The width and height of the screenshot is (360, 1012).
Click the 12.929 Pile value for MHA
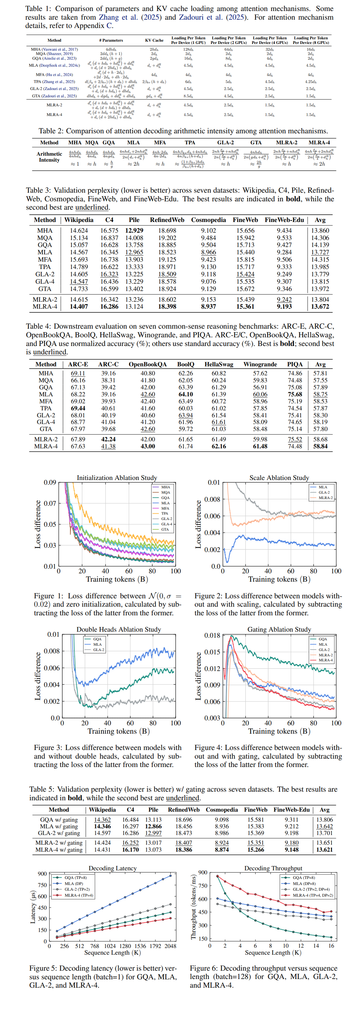click(134, 231)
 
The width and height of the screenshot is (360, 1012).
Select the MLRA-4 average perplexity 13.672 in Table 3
click(320, 306)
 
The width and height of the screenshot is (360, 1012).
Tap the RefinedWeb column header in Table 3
click(167, 220)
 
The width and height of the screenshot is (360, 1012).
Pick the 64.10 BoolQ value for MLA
click(186, 394)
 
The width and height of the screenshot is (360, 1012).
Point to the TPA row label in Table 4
click(46, 409)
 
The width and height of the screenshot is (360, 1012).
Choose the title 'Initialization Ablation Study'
click(117, 478)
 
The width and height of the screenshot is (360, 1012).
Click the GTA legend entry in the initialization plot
click(165, 530)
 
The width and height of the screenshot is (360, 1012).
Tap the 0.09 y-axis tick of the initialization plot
click(50, 482)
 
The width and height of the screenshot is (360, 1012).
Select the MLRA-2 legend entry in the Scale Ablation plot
click(325, 498)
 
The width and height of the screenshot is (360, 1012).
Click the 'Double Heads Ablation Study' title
click(119, 629)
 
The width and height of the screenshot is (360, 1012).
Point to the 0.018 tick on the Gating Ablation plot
click(212, 635)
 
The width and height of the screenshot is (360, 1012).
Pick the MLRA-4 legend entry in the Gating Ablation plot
click(325, 660)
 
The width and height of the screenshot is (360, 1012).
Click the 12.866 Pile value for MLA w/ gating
click(153, 826)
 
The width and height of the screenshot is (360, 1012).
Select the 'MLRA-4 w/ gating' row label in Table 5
click(59, 849)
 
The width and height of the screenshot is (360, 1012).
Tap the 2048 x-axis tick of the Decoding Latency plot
click(170, 946)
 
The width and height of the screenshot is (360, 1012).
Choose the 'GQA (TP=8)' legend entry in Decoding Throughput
click(304, 877)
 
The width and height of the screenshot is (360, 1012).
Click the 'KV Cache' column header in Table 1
click(154, 40)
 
